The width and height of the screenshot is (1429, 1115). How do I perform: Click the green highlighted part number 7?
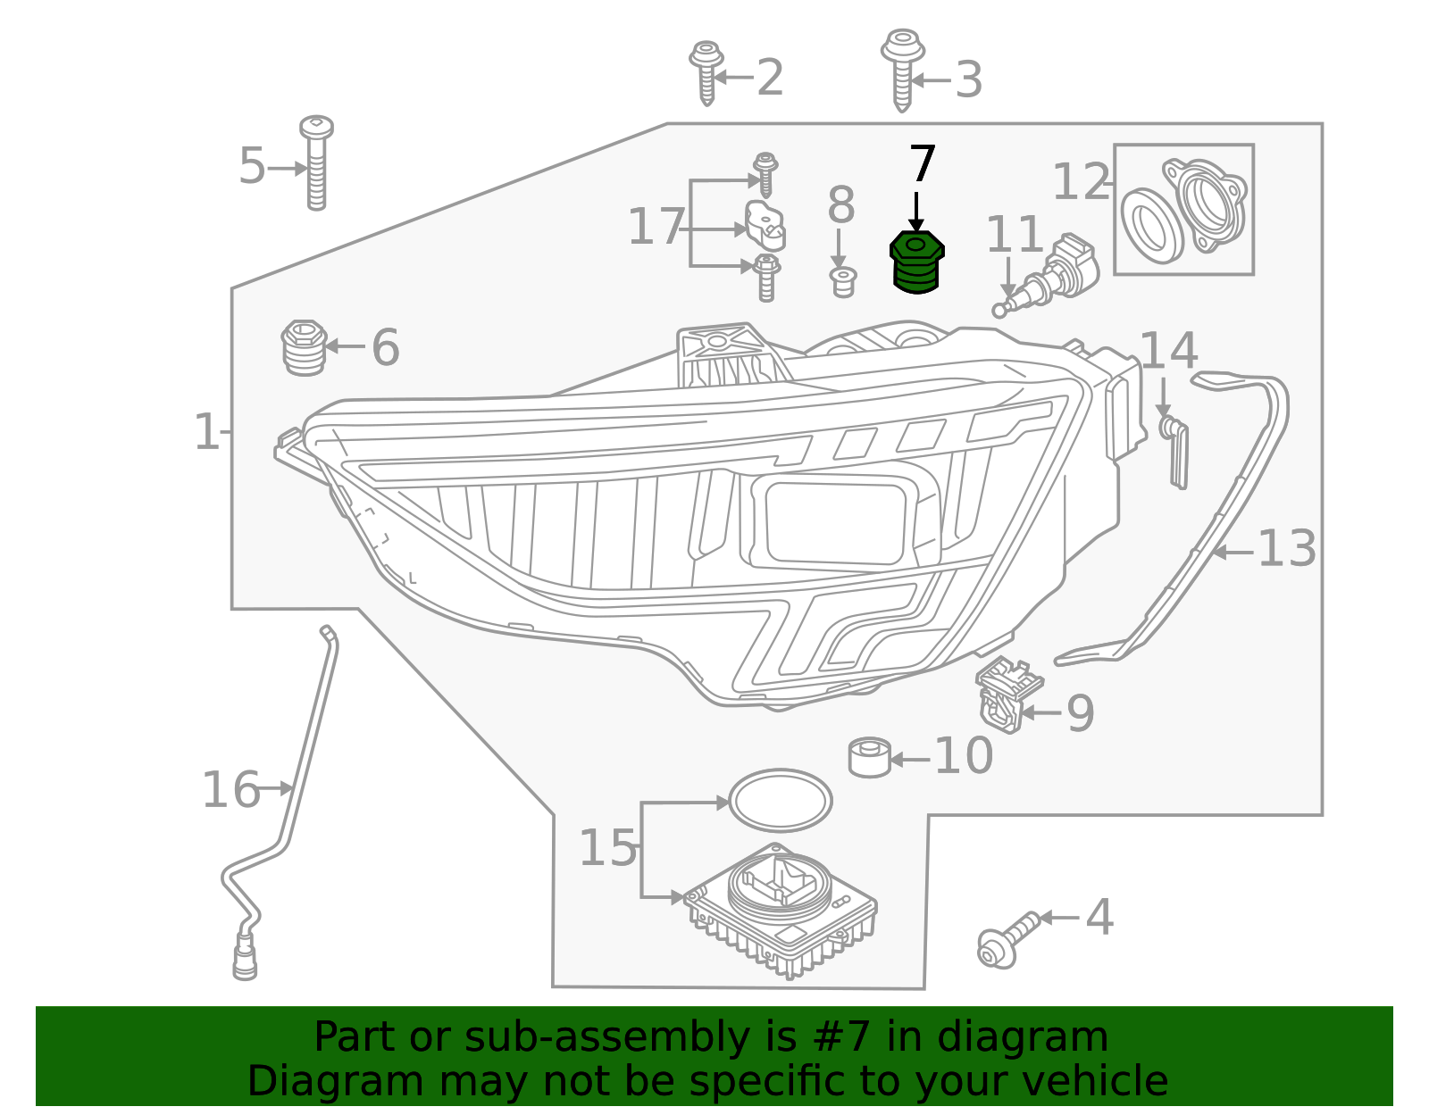pyautogui.click(x=916, y=262)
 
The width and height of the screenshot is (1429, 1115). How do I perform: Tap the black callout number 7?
pyautogui.click(x=922, y=165)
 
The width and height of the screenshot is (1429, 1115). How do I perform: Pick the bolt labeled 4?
pyautogui.click(x=1006, y=939)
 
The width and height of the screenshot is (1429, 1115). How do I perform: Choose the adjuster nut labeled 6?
pyautogui.click(x=303, y=347)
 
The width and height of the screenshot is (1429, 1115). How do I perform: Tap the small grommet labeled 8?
pyautogui.click(x=842, y=281)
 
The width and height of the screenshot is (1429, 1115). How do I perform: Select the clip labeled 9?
pyautogui.click(x=1006, y=694)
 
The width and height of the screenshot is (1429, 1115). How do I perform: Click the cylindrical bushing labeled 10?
pyautogui.click(x=869, y=757)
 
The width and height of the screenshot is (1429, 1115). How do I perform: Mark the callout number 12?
pyautogui.click(x=1081, y=182)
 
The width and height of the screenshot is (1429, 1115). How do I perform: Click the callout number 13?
pyautogui.click(x=1286, y=549)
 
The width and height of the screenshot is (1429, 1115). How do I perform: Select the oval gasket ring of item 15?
pyautogui.click(x=780, y=801)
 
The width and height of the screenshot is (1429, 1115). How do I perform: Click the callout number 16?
pyautogui.click(x=230, y=790)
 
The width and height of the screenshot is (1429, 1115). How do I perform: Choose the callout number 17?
pyautogui.click(x=656, y=227)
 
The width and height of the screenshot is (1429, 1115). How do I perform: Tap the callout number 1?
pyautogui.click(x=206, y=432)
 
